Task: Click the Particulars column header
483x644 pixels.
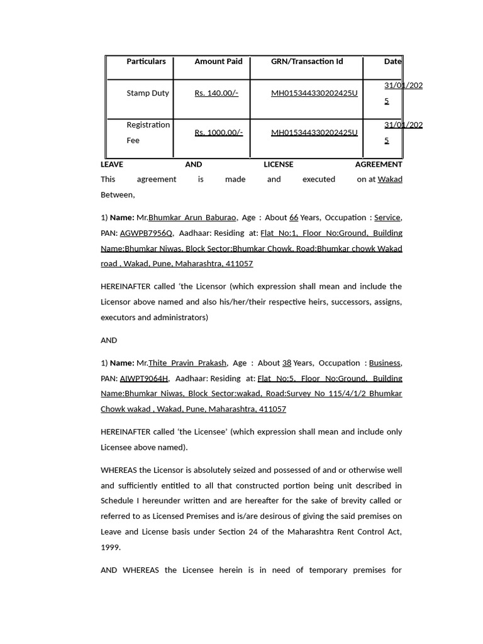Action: (x=146, y=62)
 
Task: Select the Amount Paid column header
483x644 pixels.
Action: (x=218, y=62)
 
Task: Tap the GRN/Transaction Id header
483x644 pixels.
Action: (x=307, y=62)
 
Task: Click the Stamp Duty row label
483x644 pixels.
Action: (x=148, y=93)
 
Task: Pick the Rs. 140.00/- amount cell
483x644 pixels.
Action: (x=216, y=93)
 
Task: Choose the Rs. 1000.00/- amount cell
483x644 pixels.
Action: (x=218, y=133)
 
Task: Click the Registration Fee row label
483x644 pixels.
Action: (x=148, y=132)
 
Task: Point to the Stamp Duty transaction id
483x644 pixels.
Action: (x=314, y=93)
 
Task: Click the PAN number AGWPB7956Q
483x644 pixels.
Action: (x=146, y=233)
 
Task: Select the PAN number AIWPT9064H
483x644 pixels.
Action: (x=144, y=379)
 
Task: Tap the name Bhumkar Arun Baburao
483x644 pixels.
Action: (x=192, y=218)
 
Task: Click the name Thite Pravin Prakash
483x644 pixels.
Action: (x=187, y=363)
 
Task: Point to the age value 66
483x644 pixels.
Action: (x=294, y=218)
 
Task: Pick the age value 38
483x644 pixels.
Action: (x=287, y=363)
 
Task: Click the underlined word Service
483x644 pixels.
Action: (x=387, y=218)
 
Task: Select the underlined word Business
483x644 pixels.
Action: (x=384, y=363)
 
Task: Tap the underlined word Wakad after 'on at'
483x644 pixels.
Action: (x=390, y=179)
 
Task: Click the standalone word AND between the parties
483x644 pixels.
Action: (x=109, y=340)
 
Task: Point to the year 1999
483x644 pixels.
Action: (x=110, y=547)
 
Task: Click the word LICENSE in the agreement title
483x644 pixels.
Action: (x=278, y=164)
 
